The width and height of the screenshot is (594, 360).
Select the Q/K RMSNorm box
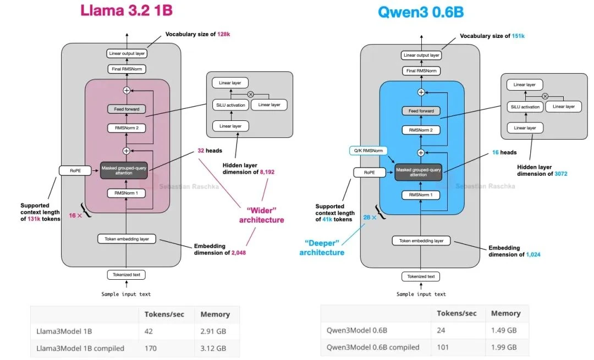coord(369,150)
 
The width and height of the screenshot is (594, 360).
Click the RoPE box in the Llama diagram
coord(74,171)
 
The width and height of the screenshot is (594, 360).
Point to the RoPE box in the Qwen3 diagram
coord(369,173)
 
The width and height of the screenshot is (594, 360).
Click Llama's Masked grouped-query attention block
coord(125,171)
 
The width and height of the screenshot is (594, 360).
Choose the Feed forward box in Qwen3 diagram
coord(421,110)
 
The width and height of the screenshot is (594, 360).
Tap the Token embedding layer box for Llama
coord(127,239)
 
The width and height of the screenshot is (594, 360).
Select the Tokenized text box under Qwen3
coord(421,276)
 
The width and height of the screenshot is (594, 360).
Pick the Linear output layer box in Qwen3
coord(421,55)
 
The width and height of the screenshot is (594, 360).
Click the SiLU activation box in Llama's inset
coord(229,105)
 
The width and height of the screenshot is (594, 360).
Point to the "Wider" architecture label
coord(261,214)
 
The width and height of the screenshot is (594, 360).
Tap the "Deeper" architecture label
coord(322,247)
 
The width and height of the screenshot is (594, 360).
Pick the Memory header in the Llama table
coord(215,314)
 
